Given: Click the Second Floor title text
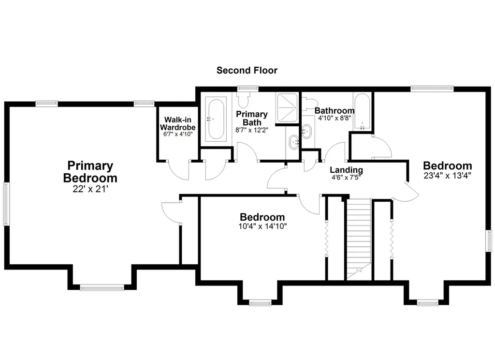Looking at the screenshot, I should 247,71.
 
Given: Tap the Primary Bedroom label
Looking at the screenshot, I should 90,172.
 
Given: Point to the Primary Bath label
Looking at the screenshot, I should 251,118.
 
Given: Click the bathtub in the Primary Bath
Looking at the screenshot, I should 216,120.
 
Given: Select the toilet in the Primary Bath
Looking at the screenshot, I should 243,99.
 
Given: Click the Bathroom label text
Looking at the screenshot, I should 335,111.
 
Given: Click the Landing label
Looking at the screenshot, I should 346,170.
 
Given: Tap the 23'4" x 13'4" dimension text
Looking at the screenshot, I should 447,176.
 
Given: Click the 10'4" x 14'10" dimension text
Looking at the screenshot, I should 262,226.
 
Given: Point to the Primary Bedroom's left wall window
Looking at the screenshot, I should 6,203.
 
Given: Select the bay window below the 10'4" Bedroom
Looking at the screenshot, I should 260,303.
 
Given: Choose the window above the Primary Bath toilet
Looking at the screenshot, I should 248,88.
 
